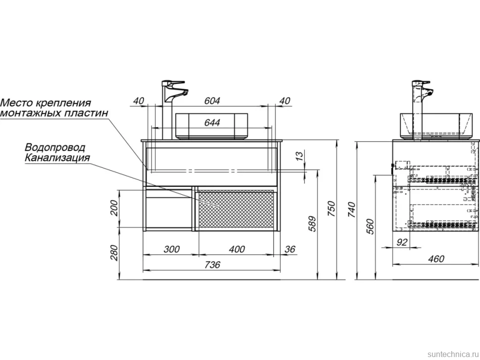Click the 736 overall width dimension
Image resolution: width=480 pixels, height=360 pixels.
[x=212, y=265]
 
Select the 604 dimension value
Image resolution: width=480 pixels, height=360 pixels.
[x=212, y=100]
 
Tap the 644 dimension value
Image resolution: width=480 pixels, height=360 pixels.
[x=212, y=122]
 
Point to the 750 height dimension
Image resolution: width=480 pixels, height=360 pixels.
[x=332, y=209]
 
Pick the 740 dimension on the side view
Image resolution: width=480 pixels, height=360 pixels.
[x=352, y=210]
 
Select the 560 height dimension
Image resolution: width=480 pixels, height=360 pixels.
[x=370, y=226]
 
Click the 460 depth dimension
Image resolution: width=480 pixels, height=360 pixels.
[x=436, y=259]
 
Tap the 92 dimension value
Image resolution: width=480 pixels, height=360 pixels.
[x=402, y=242]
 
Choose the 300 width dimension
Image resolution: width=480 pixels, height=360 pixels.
[x=171, y=249]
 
